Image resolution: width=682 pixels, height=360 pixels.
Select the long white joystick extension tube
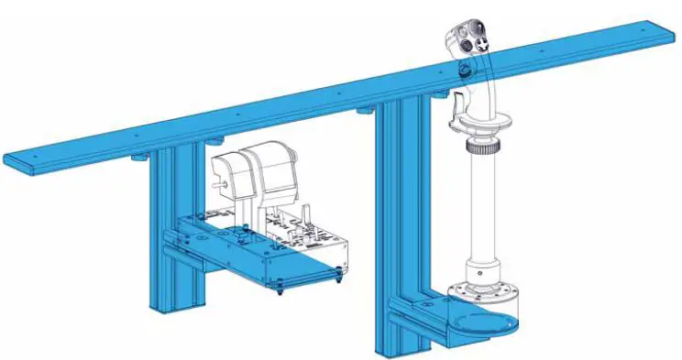pyautogui.click(x=482, y=210)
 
